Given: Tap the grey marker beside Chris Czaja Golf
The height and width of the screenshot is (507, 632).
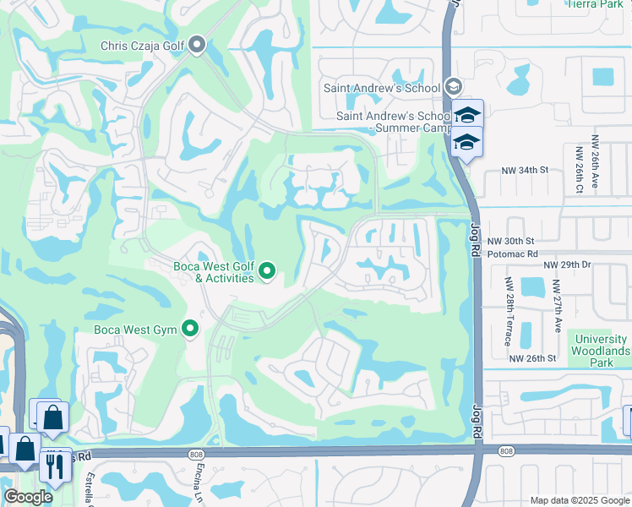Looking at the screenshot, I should click(x=198, y=44).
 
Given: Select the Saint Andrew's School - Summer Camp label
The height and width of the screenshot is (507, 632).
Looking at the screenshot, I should click(x=394, y=122).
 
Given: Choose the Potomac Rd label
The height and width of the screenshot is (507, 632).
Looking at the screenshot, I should click(x=512, y=253).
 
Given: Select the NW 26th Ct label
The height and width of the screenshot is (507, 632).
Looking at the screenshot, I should click(x=579, y=168).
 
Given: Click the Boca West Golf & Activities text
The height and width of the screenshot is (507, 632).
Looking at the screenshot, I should click(x=213, y=272).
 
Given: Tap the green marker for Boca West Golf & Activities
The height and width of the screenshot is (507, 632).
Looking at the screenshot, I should click(x=267, y=271).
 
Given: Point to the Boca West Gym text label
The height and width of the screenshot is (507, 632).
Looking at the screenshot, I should click(x=135, y=330).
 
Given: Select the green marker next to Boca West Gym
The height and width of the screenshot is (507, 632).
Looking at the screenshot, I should click(x=190, y=329).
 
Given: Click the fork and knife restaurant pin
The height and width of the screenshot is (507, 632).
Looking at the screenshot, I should click(x=55, y=466).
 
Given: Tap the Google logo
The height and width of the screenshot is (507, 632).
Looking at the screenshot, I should click(x=29, y=497).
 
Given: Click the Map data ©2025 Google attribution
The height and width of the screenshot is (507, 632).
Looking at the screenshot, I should click(x=579, y=500).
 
